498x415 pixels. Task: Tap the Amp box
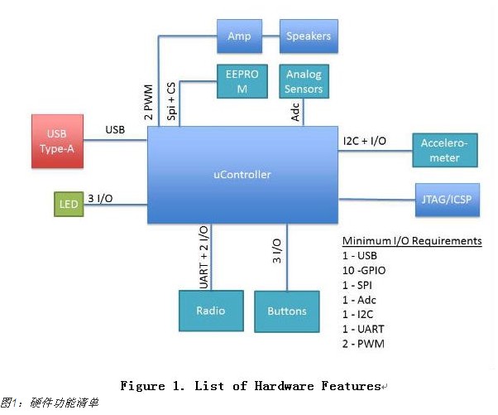pos(238,36)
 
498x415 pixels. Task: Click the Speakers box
pos(308,36)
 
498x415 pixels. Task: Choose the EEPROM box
pos(237,83)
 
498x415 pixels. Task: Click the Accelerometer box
pos(444,152)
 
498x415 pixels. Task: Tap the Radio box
pos(210,311)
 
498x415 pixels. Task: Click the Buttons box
pos(286,311)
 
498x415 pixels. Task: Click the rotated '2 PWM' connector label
pos(148,101)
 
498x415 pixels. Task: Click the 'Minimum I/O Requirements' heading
pos(412,241)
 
